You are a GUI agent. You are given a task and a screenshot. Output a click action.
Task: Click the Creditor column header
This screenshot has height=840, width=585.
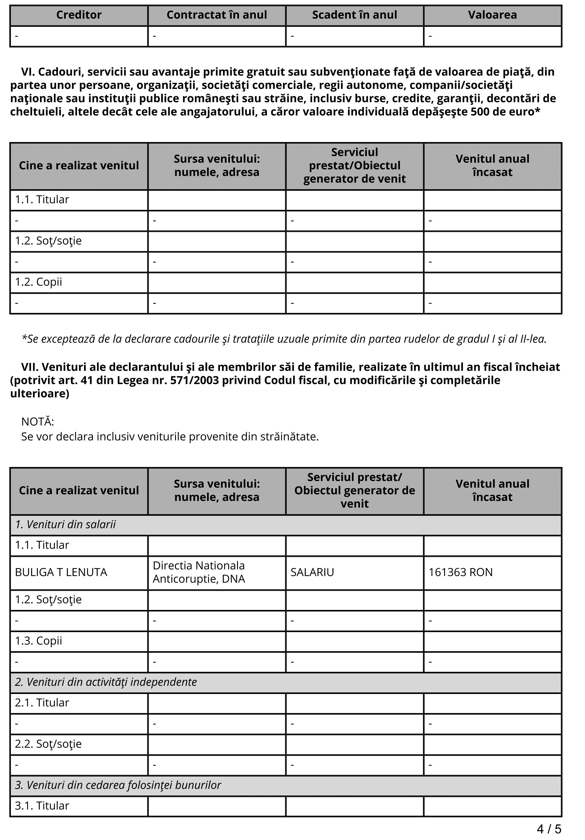tap(79, 15)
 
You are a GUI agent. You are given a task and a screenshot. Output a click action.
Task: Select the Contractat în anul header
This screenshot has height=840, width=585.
tap(217, 15)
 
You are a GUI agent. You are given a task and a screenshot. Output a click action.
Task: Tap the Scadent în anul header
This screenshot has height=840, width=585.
tap(354, 15)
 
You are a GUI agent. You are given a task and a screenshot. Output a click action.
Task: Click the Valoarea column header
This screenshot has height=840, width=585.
tap(492, 15)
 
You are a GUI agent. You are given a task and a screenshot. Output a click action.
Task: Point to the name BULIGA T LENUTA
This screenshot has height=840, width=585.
tap(61, 572)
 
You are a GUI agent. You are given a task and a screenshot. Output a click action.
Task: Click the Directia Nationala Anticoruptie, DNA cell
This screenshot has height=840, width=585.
tap(199, 572)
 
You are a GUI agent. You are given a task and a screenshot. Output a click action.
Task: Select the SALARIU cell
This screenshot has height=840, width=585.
tap(312, 572)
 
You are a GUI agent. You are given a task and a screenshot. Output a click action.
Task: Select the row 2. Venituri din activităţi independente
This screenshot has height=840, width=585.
tap(106, 682)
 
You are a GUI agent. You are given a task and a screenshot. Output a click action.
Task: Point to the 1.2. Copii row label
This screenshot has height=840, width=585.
tap(38, 282)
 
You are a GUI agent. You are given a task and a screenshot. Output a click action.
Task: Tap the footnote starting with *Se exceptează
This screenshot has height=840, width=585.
tap(284, 339)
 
